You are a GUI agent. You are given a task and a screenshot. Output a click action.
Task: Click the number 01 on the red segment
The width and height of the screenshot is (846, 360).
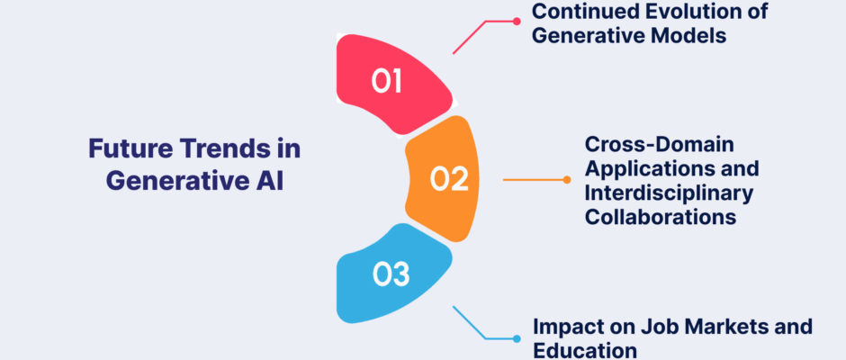pyautogui.click(x=386, y=82)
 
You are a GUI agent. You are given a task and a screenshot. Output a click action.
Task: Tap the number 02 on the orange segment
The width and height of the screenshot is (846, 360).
pyautogui.click(x=449, y=179)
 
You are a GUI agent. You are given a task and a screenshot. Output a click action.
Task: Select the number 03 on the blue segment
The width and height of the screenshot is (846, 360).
pyautogui.click(x=391, y=274)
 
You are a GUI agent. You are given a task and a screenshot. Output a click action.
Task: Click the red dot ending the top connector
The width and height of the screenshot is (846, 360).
pyautogui.click(x=517, y=22)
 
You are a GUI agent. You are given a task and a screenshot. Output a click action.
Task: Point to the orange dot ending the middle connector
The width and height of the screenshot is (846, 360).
pyautogui.click(x=566, y=180)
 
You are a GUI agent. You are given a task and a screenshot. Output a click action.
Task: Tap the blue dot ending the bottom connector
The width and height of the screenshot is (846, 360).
pyautogui.click(x=517, y=339)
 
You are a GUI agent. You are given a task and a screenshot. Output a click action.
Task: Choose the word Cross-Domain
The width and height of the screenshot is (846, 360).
pyautogui.click(x=660, y=145)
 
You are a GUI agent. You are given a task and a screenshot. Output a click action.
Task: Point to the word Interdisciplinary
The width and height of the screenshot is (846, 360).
pyautogui.click(x=669, y=193)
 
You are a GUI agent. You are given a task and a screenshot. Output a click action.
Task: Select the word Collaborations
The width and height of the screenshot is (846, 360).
pyautogui.click(x=661, y=217)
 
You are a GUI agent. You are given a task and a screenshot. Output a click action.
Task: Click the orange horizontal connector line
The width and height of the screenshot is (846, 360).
pyautogui.click(x=535, y=180)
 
